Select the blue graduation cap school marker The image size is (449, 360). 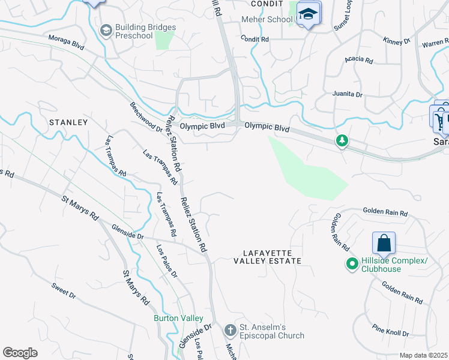[309, 14]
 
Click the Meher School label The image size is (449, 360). [267, 19]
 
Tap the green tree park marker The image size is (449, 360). [342, 141]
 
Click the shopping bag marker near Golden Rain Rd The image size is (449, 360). [384, 244]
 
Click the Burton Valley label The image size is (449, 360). [178, 317]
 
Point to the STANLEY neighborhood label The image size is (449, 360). [68, 122]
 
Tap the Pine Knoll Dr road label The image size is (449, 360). [390, 331]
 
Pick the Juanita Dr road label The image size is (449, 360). [348, 94]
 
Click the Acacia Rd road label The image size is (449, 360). [358, 61]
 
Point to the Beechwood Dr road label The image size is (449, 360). [146, 116]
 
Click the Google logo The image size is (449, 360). [20, 352]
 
